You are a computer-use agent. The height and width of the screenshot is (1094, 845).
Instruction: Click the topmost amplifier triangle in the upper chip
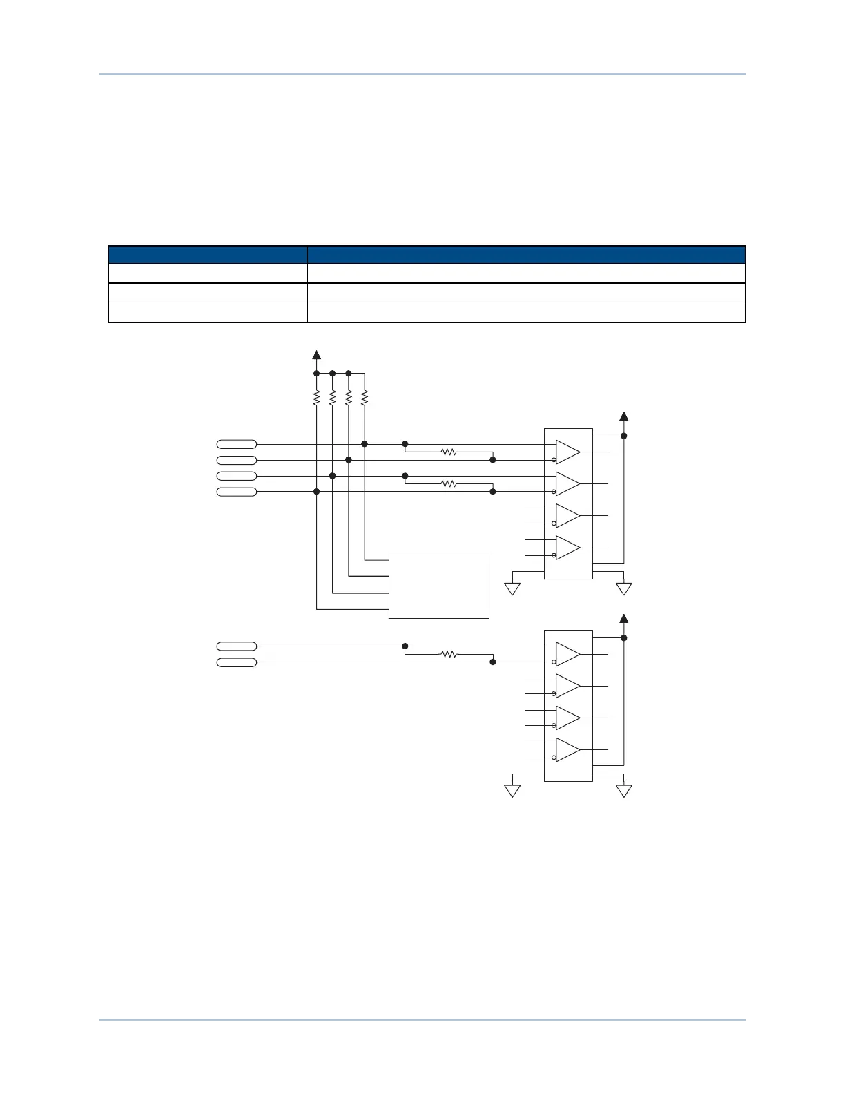567,452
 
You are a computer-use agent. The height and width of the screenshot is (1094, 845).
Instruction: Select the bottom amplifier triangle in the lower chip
567,749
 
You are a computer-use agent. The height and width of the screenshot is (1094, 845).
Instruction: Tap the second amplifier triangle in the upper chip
567,483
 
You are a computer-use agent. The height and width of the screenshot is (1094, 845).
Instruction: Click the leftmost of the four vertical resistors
316,397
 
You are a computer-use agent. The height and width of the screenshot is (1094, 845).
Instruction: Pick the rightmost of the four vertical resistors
365,397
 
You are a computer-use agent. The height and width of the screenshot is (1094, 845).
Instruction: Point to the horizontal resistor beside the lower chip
449,653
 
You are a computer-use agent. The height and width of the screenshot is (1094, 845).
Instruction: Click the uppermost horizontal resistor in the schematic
449,452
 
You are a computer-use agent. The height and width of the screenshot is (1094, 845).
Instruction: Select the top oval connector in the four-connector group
236,444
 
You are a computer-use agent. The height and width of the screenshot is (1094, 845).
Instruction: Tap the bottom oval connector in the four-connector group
236,492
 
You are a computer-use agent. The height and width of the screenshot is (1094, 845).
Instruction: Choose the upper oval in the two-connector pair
236,646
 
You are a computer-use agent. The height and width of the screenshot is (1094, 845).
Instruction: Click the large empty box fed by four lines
439,585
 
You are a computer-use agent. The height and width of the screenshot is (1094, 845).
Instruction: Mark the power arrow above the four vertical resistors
316,355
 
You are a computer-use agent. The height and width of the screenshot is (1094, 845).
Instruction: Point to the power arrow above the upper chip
623,416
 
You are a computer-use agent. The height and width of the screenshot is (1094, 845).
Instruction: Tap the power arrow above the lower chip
623,617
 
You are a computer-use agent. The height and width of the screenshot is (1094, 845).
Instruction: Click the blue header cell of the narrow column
207,254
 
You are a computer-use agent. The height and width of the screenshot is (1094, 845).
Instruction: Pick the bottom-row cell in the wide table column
525,313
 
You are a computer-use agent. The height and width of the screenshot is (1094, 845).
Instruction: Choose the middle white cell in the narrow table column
207,293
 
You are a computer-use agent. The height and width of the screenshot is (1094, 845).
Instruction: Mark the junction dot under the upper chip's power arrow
623,436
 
